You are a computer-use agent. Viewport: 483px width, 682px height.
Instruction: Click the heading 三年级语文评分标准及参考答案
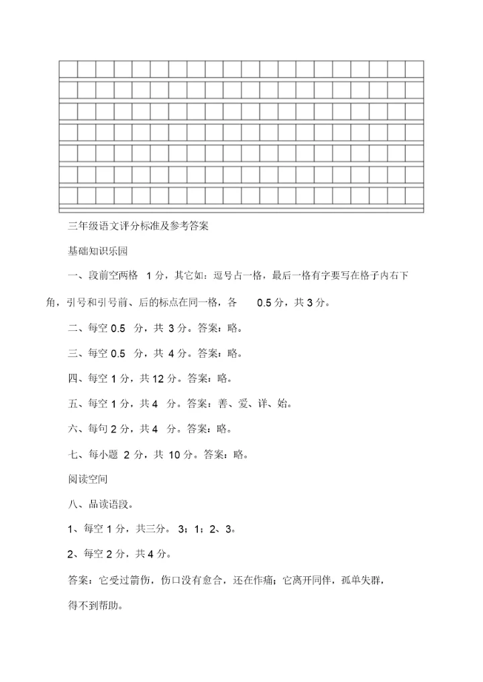[x=140, y=226]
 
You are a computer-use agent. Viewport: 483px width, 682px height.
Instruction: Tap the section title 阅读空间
[x=88, y=480]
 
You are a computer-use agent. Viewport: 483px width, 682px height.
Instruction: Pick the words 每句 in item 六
[x=98, y=429]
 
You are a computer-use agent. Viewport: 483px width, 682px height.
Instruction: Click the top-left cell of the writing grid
[x=68, y=69]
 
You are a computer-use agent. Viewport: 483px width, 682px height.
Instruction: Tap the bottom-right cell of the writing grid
[x=415, y=196]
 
